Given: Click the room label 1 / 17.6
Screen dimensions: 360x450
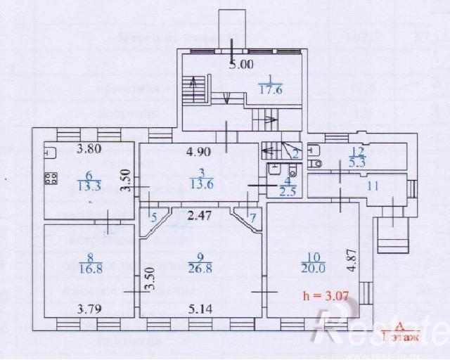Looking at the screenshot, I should (x=270, y=84).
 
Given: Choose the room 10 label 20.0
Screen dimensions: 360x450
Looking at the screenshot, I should (x=313, y=262).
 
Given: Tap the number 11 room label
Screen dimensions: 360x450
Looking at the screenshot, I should (x=372, y=186).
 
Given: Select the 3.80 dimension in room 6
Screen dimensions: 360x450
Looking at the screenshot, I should (x=89, y=149).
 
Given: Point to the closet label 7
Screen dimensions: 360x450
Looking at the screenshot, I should (x=253, y=216).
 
